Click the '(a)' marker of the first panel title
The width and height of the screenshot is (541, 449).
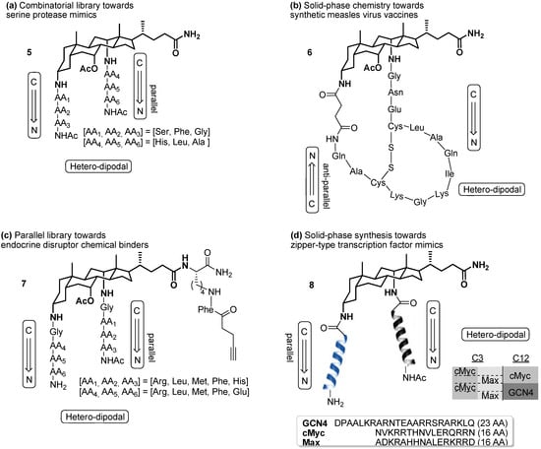click(9, 7)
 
